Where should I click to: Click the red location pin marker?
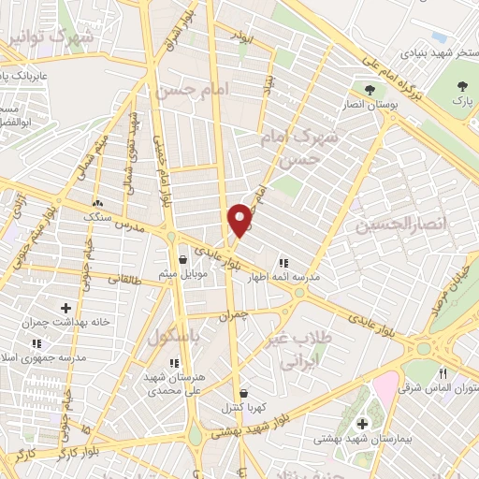click(240, 219)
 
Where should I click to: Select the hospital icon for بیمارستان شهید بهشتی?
click(362, 424)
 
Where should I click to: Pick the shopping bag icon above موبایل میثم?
click(182, 259)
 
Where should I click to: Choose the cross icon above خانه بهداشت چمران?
click(66, 307)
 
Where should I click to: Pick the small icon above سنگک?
click(96, 203)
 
